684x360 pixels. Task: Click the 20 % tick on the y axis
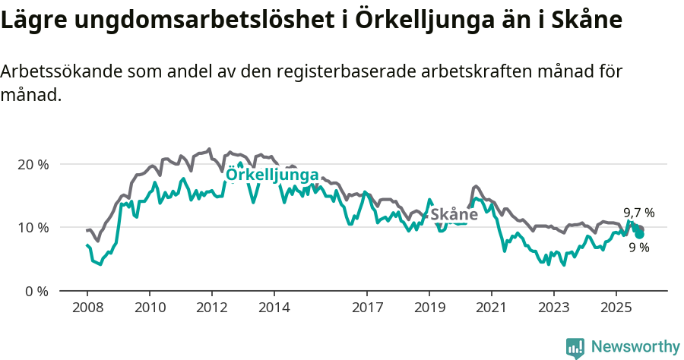pyautogui.click(x=32, y=164)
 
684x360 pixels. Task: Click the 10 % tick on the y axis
pyautogui.click(x=32, y=227)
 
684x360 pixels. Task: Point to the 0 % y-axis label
pyautogui.click(x=35, y=291)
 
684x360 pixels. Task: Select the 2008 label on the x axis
pyautogui.click(x=87, y=309)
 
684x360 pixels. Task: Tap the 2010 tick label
pyautogui.click(x=149, y=309)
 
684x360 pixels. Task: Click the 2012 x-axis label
pyautogui.click(x=211, y=309)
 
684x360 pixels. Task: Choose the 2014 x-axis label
pyautogui.click(x=274, y=309)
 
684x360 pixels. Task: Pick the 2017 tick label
pyautogui.click(x=367, y=309)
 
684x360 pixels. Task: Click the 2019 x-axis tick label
pyautogui.click(x=429, y=309)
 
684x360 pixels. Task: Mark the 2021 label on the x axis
pyautogui.click(x=491, y=309)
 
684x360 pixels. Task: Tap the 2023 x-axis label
pyautogui.click(x=553, y=309)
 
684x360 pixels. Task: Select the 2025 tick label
pyautogui.click(x=616, y=309)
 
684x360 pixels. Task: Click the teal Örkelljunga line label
pyautogui.click(x=273, y=175)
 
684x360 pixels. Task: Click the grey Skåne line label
pyautogui.click(x=454, y=215)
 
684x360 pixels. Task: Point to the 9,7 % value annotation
pyautogui.click(x=638, y=213)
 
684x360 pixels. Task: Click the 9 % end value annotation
pyautogui.click(x=639, y=248)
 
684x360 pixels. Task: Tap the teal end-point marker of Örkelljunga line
pyautogui.click(x=640, y=234)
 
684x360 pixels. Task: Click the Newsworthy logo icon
pyautogui.click(x=575, y=348)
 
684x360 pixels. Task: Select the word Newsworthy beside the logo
pyautogui.click(x=635, y=347)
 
